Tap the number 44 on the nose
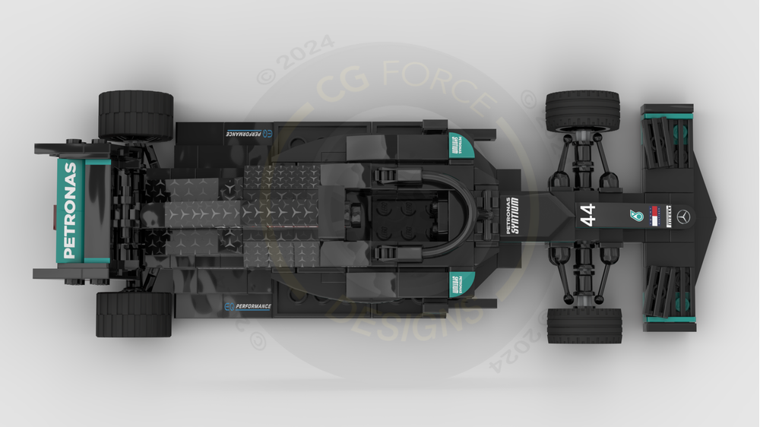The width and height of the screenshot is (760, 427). pos(588,215)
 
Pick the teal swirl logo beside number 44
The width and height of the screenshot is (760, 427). pos(631,216)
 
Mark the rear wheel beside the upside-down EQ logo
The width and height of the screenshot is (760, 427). pos(135,114)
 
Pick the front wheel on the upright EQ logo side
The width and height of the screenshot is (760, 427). pos(584,325)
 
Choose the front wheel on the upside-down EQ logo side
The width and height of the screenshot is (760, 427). pos(582,111)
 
